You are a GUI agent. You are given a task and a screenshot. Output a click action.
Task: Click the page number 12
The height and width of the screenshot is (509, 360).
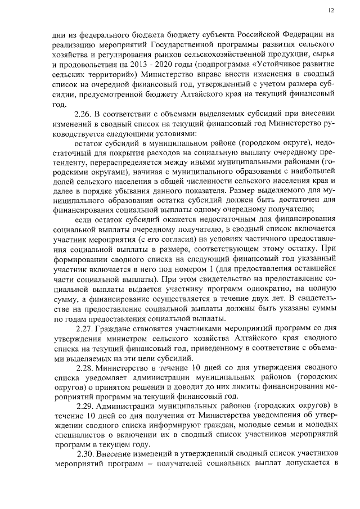331,10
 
